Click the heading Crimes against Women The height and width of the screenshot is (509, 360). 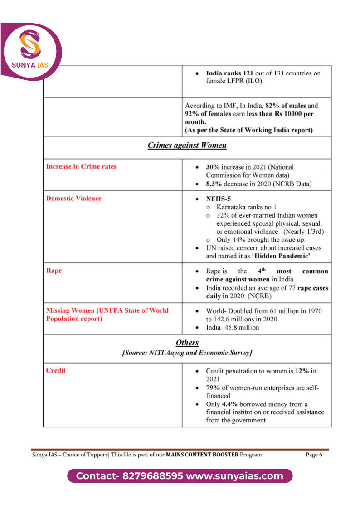click(187, 145)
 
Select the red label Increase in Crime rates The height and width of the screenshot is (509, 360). click(81, 166)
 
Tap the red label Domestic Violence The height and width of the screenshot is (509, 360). click(74, 199)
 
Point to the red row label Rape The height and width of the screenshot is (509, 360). click(54, 271)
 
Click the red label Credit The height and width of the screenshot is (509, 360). click(56, 370)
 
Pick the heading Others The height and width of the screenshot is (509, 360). click(187, 343)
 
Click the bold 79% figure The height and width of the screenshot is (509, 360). click(214, 388)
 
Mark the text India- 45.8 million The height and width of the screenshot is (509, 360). click(233, 327)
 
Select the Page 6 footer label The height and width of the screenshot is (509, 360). click(314, 455)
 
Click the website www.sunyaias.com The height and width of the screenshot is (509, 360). click(234, 476)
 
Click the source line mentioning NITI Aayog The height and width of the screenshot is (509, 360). click(187, 352)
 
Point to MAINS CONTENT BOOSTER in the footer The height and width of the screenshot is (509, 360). click(202, 455)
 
